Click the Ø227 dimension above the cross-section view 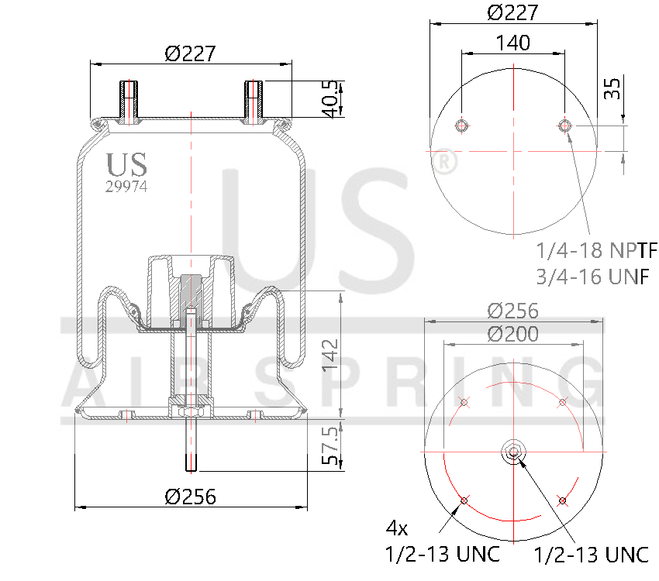coord(190,53)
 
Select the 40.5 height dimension coord(331,99)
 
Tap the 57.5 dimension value coord(331,449)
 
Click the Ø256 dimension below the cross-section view coord(190,497)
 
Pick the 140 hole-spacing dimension coord(512,43)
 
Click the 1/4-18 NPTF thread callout coord(596,250)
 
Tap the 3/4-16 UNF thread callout coord(592,277)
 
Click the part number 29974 coord(126,186)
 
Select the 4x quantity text coord(397,529)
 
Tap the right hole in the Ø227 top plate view coord(566,125)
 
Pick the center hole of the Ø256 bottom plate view coord(512,452)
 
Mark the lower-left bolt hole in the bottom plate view coord(464,500)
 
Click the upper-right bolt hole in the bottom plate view coord(562,402)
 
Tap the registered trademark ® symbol coord(443,161)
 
